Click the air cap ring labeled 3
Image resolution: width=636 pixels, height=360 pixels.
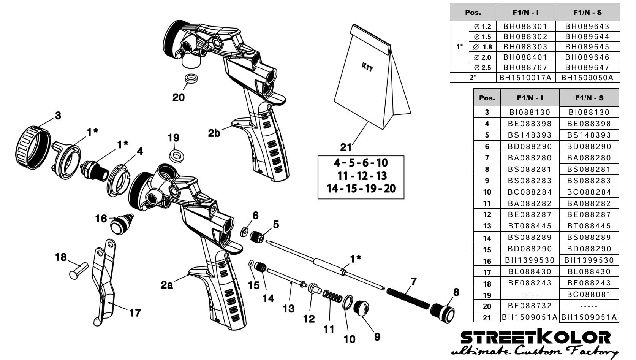pos(32,146)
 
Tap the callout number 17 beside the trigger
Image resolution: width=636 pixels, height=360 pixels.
pos(135,313)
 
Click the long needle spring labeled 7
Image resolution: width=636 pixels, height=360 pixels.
pos(408,298)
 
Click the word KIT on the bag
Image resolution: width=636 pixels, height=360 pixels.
pos(367,68)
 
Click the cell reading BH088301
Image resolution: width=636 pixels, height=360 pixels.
pos(525,26)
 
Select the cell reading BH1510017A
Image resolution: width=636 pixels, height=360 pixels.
pos(525,78)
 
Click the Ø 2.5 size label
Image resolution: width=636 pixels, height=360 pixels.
pos(483,68)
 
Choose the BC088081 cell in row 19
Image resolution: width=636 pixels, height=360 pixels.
pos(589,294)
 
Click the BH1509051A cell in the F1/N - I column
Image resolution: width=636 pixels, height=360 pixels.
pos(530,317)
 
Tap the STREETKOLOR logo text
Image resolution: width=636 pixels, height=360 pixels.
pos(535,338)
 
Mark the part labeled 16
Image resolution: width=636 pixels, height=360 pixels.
pos(121,224)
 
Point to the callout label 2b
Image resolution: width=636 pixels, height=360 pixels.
pos(214,133)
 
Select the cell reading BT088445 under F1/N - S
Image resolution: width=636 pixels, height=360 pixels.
pos(589,226)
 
